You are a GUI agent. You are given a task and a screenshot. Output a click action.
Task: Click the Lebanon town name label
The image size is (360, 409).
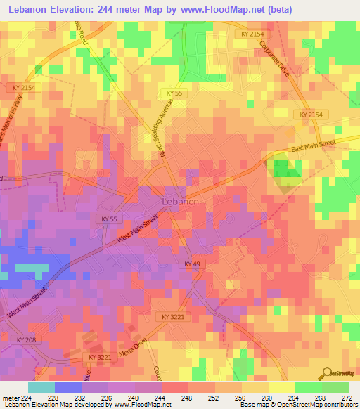tap(181, 201)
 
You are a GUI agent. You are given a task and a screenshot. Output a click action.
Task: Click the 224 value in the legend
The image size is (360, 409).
tap(23, 397)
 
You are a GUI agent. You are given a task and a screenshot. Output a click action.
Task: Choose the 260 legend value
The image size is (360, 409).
tap(269, 397)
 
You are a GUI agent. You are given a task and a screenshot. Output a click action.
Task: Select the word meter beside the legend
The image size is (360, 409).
tap(10, 397)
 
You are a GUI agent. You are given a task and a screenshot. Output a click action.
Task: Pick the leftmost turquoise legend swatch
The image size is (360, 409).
tap(41, 387)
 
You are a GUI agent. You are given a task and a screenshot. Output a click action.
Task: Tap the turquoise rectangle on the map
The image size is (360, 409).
tap(32, 268)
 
